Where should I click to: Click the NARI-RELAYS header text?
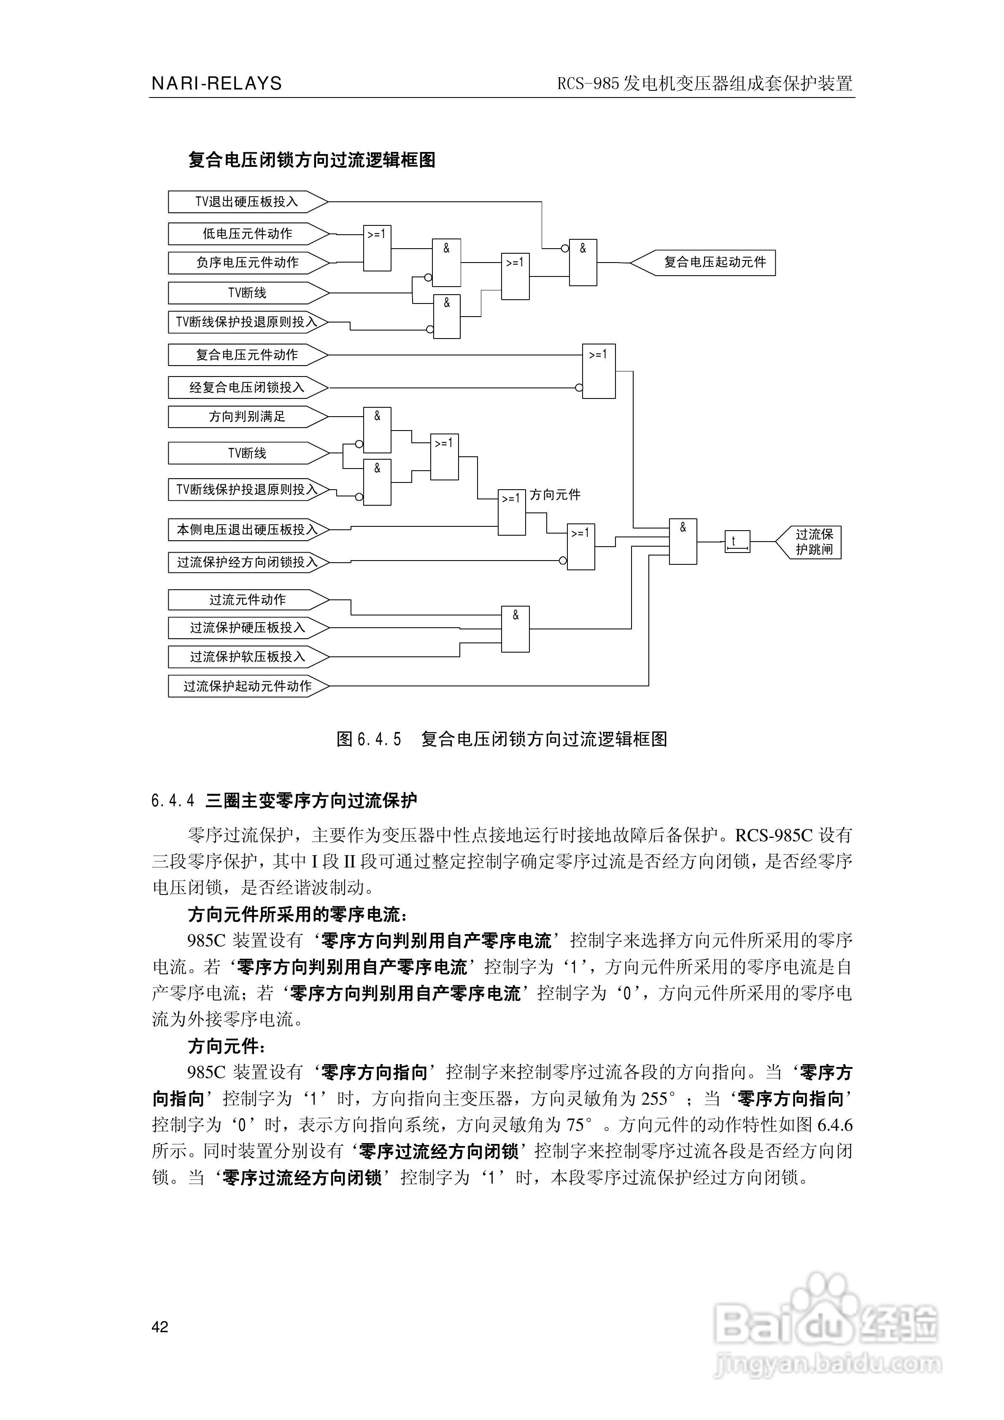(216, 84)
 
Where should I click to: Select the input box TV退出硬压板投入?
(247, 202)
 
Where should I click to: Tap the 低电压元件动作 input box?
(247, 234)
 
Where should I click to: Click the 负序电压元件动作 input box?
(247, 262)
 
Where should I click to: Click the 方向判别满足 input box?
(247, 417)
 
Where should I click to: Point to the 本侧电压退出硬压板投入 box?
(247, 529)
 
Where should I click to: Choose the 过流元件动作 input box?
(247, 599)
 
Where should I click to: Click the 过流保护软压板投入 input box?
(247, 656)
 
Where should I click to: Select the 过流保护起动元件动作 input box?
(247, 686)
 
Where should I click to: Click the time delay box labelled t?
(737, 542)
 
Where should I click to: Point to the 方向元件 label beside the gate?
(555, 495)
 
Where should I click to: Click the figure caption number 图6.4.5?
(369, 739)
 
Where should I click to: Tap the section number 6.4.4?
(173, 801)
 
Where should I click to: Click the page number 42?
(159, 1327)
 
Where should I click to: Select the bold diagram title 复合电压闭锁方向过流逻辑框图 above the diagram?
(312, 160)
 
